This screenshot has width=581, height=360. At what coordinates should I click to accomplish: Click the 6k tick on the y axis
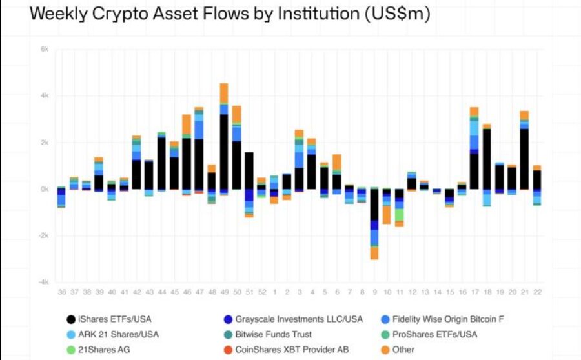click(x=44, y=49)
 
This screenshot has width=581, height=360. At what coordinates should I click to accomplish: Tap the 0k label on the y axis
click(x=44, y=189)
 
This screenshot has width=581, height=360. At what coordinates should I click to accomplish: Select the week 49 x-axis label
click(x=224, y=292)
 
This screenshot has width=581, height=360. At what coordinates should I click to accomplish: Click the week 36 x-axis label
click(x=61, y=292)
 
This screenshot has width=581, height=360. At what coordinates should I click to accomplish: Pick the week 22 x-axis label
click(x=537, y=292)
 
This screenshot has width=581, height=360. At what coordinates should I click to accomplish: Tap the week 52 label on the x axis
click(x=261, y=292)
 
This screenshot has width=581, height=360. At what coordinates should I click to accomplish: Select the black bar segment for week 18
click(x=487, y=159)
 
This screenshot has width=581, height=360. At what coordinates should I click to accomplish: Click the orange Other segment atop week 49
click(x=224, y=93)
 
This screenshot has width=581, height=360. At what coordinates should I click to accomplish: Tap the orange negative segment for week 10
click(x=387, y=214)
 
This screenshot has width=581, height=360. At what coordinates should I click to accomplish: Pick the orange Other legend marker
click(x=385, y=350)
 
